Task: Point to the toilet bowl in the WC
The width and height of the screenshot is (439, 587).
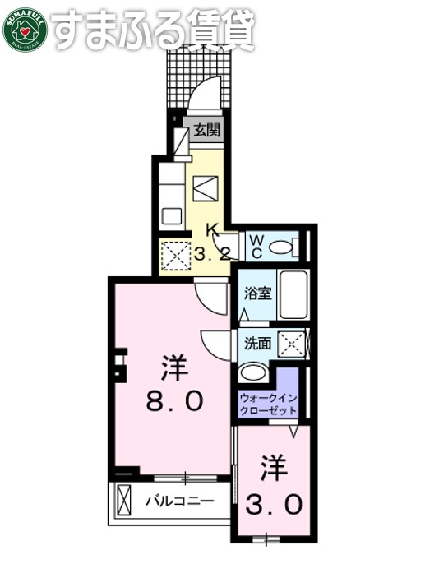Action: (x=283, y=246)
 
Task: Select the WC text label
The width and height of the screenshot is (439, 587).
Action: (x=256, y=245)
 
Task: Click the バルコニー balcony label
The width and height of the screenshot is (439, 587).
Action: (x=180, y=500)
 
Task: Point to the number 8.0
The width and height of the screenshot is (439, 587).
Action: (x=174, y=403)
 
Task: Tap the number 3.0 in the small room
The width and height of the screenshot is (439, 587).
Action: (x=275, y=503)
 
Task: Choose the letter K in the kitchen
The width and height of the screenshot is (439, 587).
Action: (x=210, y=231)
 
